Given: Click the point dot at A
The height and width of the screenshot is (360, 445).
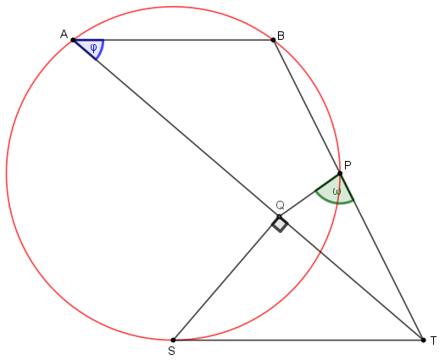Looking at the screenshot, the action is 73,40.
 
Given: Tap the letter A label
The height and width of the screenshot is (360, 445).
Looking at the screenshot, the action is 64,35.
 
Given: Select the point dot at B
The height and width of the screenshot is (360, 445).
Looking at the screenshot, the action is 273,40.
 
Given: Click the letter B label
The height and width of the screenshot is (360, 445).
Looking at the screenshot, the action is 281,36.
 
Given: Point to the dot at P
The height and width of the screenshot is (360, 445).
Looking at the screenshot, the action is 340,174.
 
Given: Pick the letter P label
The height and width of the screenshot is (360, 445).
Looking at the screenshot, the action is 348,165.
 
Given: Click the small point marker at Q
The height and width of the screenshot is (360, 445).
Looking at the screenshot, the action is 279,217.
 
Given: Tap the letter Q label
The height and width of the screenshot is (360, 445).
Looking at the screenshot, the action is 280,205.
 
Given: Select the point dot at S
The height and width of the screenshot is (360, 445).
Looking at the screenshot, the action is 173,340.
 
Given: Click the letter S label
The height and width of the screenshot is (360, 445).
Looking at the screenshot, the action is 171,352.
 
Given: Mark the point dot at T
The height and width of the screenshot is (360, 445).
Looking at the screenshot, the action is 424,340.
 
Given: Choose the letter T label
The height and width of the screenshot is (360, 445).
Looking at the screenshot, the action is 433,341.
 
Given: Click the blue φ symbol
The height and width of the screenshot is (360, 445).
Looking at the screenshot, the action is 93,48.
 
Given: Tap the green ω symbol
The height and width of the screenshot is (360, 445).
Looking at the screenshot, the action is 337,191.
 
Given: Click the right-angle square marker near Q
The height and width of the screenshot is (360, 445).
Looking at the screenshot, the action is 280,224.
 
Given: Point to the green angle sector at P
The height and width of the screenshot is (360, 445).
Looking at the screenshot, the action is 337,191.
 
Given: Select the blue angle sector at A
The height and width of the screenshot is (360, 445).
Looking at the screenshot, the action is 91,47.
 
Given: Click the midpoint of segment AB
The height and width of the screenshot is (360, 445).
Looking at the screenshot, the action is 173,40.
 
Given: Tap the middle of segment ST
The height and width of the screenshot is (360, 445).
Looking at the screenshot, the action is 298,340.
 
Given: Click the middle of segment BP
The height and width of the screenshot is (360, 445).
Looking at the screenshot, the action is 307,107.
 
